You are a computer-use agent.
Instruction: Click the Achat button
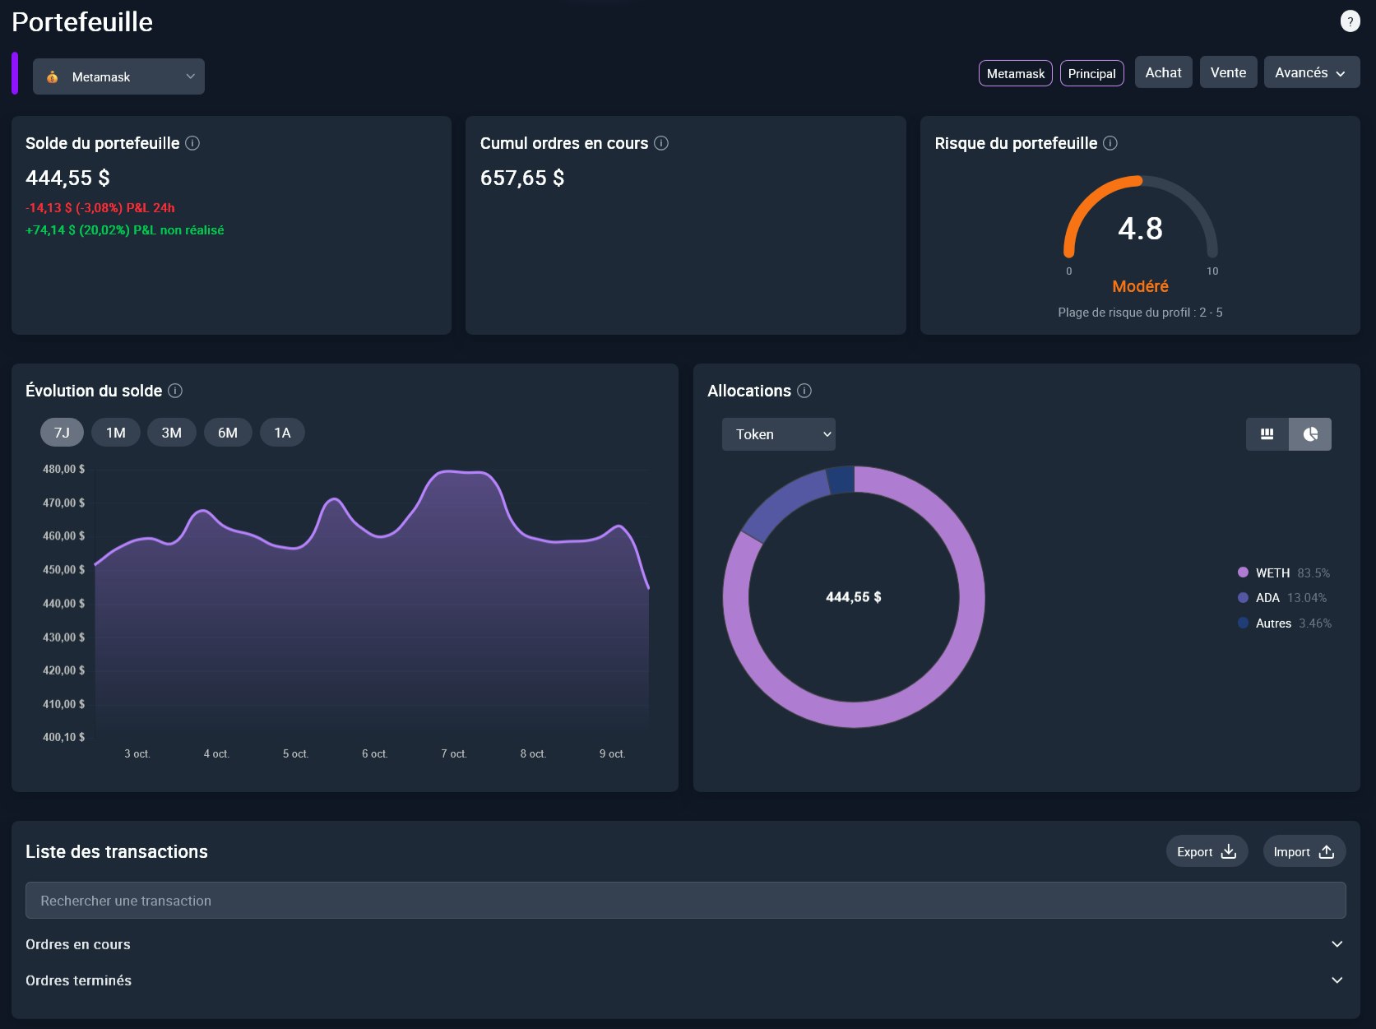(1163, 72)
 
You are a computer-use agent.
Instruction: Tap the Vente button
(1228, 72)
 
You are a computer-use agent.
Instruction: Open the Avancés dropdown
(1311, 72)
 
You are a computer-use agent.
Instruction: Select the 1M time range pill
(116, 433)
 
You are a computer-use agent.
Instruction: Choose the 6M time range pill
(228, 433)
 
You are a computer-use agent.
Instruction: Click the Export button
(1207, 851)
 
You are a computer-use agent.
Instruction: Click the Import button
(1304, 851)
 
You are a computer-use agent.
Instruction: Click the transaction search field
(685, 901)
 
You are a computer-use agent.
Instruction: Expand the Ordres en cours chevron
(1337, 944)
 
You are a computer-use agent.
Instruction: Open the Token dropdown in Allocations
(778, 434)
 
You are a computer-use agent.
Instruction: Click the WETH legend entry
(1272, 572)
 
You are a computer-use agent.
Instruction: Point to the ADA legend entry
(1267, 598)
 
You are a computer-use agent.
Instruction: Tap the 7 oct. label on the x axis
(454, 753)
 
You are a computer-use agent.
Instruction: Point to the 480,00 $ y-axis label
(63, 469)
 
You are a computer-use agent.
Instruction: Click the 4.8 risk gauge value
(1140, 229)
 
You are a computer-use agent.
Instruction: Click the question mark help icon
(1350, 21)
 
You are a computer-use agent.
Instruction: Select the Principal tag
(1091, 73)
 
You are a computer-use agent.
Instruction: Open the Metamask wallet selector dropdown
(118, 76)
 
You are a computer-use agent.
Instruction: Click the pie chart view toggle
(1310, 434)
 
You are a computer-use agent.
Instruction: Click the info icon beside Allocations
(804, 391)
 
